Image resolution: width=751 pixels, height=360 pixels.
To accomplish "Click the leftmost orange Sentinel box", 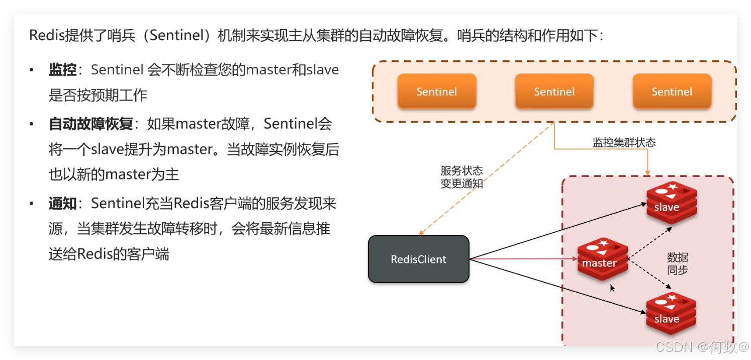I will click(436, 92).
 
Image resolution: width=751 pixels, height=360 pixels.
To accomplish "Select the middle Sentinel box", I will click(554, 92).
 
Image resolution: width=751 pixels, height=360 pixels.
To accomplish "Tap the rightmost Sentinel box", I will click(672, 92).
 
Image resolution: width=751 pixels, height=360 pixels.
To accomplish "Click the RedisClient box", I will click(418, 259).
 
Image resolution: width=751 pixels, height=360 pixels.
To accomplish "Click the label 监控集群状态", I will click(624, 142).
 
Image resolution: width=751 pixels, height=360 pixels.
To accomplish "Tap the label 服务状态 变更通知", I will click(461, 177).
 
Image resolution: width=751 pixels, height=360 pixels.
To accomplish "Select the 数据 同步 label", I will click(677, 263).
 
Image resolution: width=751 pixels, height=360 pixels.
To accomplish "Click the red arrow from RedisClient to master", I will click(523, 259).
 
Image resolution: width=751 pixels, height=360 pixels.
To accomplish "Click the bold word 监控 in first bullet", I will click(62, 70).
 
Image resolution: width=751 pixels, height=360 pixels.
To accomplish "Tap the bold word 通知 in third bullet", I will click(62, 204).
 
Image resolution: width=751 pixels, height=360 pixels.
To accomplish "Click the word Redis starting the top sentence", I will click(47, 36).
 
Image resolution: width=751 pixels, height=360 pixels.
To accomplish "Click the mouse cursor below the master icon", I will click(612, 288).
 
